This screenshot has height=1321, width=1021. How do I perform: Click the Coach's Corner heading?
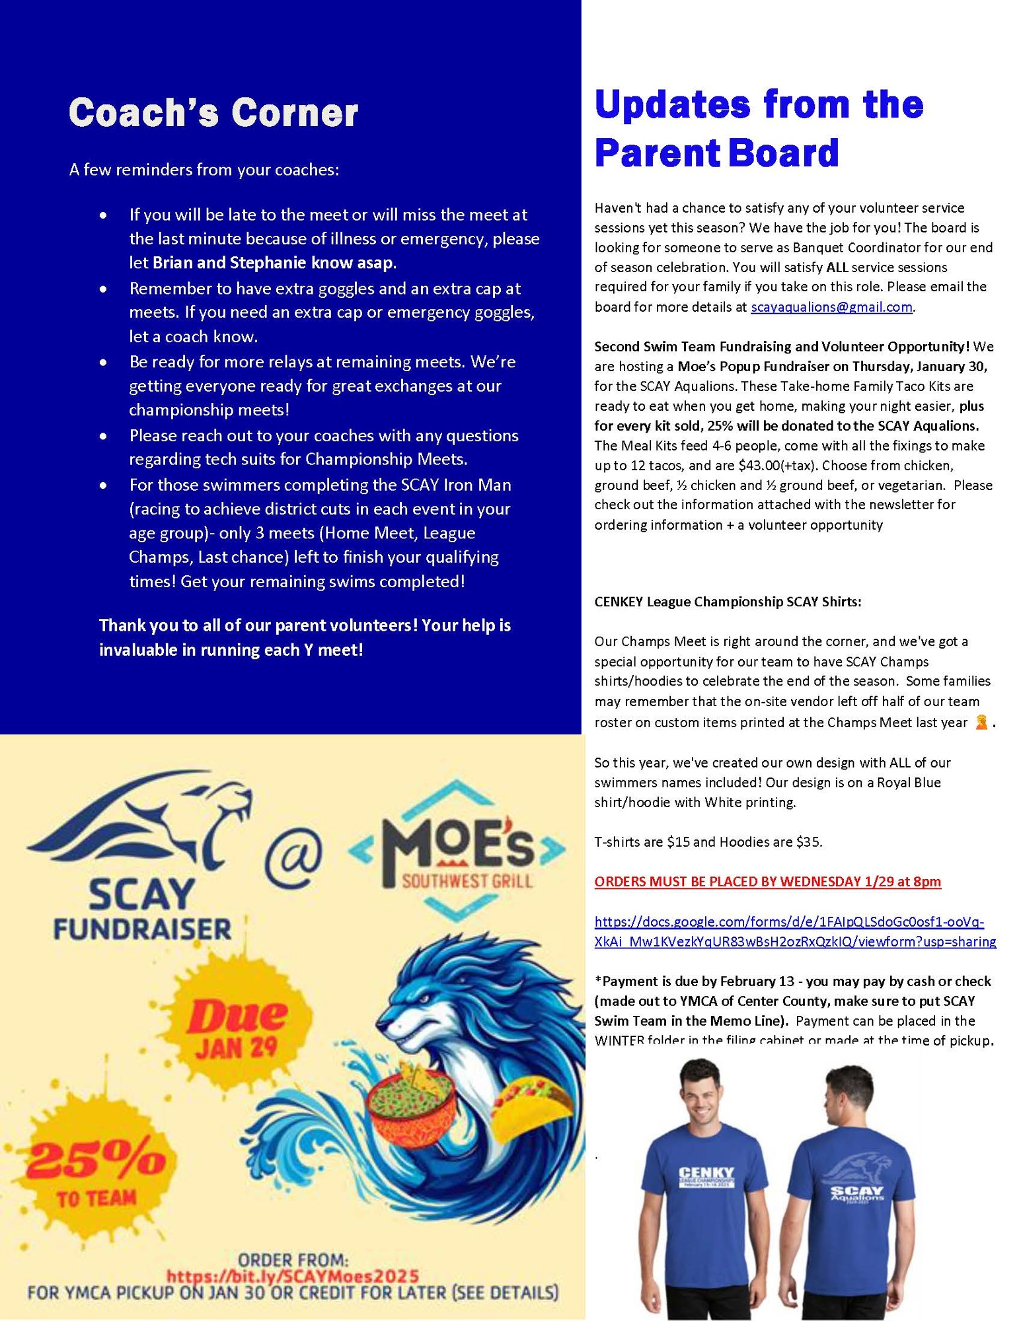click(x=213, y=113)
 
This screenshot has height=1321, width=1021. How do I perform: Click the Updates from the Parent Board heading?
click(x=758, y=128)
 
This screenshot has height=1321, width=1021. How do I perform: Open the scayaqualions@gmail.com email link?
click(x=831, y=307)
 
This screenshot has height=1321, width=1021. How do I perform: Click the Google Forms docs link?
click(x=795, y=932)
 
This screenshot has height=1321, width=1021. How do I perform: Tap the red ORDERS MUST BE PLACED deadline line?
click(x=767, y=882)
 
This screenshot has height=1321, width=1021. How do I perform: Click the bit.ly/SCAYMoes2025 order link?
click(x=292, y=1275)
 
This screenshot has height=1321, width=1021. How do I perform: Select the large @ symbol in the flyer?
click(x=293, y=858)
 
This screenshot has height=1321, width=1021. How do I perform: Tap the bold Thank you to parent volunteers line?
click(x=305, y=637)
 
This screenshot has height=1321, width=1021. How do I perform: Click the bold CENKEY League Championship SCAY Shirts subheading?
click(x=728, y=602)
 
